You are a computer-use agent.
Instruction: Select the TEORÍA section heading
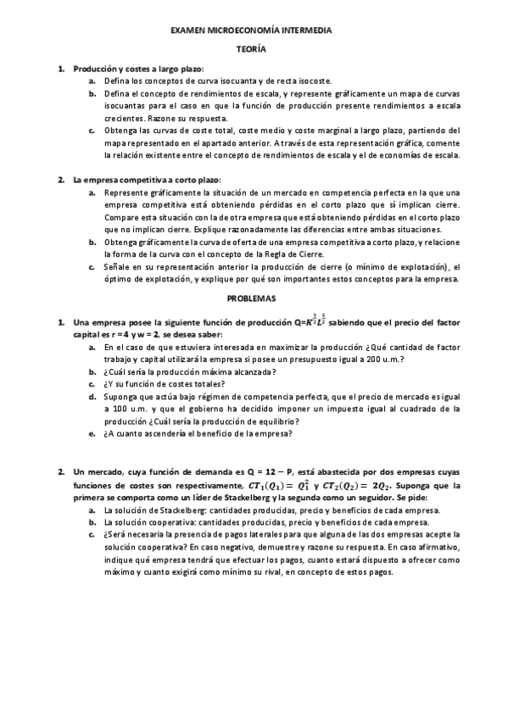point(251,50)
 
